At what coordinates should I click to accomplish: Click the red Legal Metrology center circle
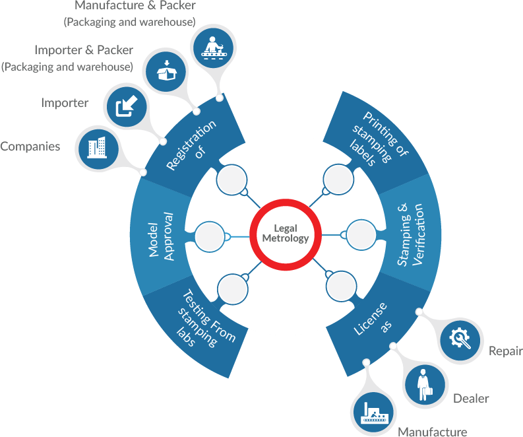286,202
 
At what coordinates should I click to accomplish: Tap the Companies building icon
98,149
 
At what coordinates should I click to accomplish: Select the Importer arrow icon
127,107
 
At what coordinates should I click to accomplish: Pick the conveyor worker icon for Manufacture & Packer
214,48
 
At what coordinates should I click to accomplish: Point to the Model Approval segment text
161,236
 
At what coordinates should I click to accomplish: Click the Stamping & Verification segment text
410,234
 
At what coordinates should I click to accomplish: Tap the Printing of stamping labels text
379,139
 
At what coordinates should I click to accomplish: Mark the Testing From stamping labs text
206,319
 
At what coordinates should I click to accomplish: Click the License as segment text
373,319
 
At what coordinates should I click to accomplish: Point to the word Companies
30,147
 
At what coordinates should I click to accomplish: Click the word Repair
506,351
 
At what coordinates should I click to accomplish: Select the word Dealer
471,398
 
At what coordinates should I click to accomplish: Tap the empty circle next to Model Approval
210,237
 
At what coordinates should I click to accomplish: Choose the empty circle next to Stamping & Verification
361,235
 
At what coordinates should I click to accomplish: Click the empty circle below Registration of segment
231,180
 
